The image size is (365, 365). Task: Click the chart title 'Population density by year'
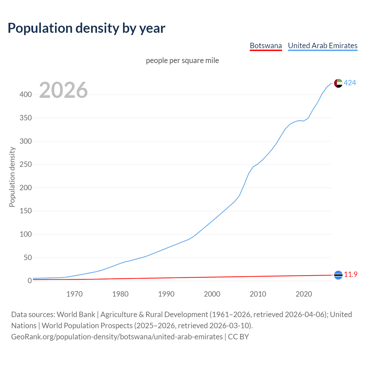[86, 28]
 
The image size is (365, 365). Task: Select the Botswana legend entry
[266, 46]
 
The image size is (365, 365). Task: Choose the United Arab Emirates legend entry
[323, 46]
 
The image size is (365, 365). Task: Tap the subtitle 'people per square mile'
[182, 61]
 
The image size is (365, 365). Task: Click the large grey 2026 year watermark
[63, 90]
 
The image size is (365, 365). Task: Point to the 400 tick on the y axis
[26, 95]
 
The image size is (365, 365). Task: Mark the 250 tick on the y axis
[26, 165]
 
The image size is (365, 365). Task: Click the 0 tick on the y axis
[30, 281]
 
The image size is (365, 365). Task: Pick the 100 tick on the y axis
[26, 234]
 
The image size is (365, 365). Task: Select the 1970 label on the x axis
[74, 294]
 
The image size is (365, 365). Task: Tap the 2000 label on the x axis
[212, 294]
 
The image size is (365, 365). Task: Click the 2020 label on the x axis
[304, 294]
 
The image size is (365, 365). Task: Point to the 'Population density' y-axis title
[12, 177]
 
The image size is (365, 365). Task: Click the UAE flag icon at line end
[338, 83]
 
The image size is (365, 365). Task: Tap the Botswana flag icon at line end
[338, 275]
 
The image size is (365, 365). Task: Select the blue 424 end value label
[350, 83]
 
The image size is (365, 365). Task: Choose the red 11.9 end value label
[351, 275]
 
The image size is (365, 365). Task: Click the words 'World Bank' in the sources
[76, 315]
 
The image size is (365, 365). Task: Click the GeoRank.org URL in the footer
[117, 337]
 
